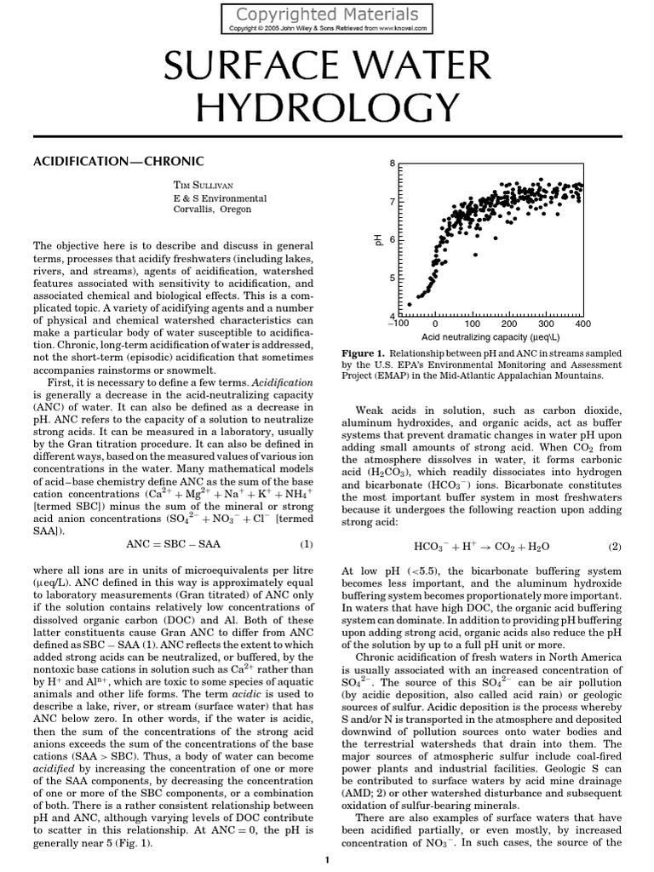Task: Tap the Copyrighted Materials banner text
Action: tap(326, 14)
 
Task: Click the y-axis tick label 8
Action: tap(392, 163)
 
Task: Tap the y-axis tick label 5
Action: tap(392, 278)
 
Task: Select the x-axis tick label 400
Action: tap(582, 324)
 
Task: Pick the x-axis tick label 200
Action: tap(508, 324)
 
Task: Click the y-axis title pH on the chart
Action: tap(377, 241)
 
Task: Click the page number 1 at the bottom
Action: tap(327, 861)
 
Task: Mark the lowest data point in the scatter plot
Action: tap(409, 303)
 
